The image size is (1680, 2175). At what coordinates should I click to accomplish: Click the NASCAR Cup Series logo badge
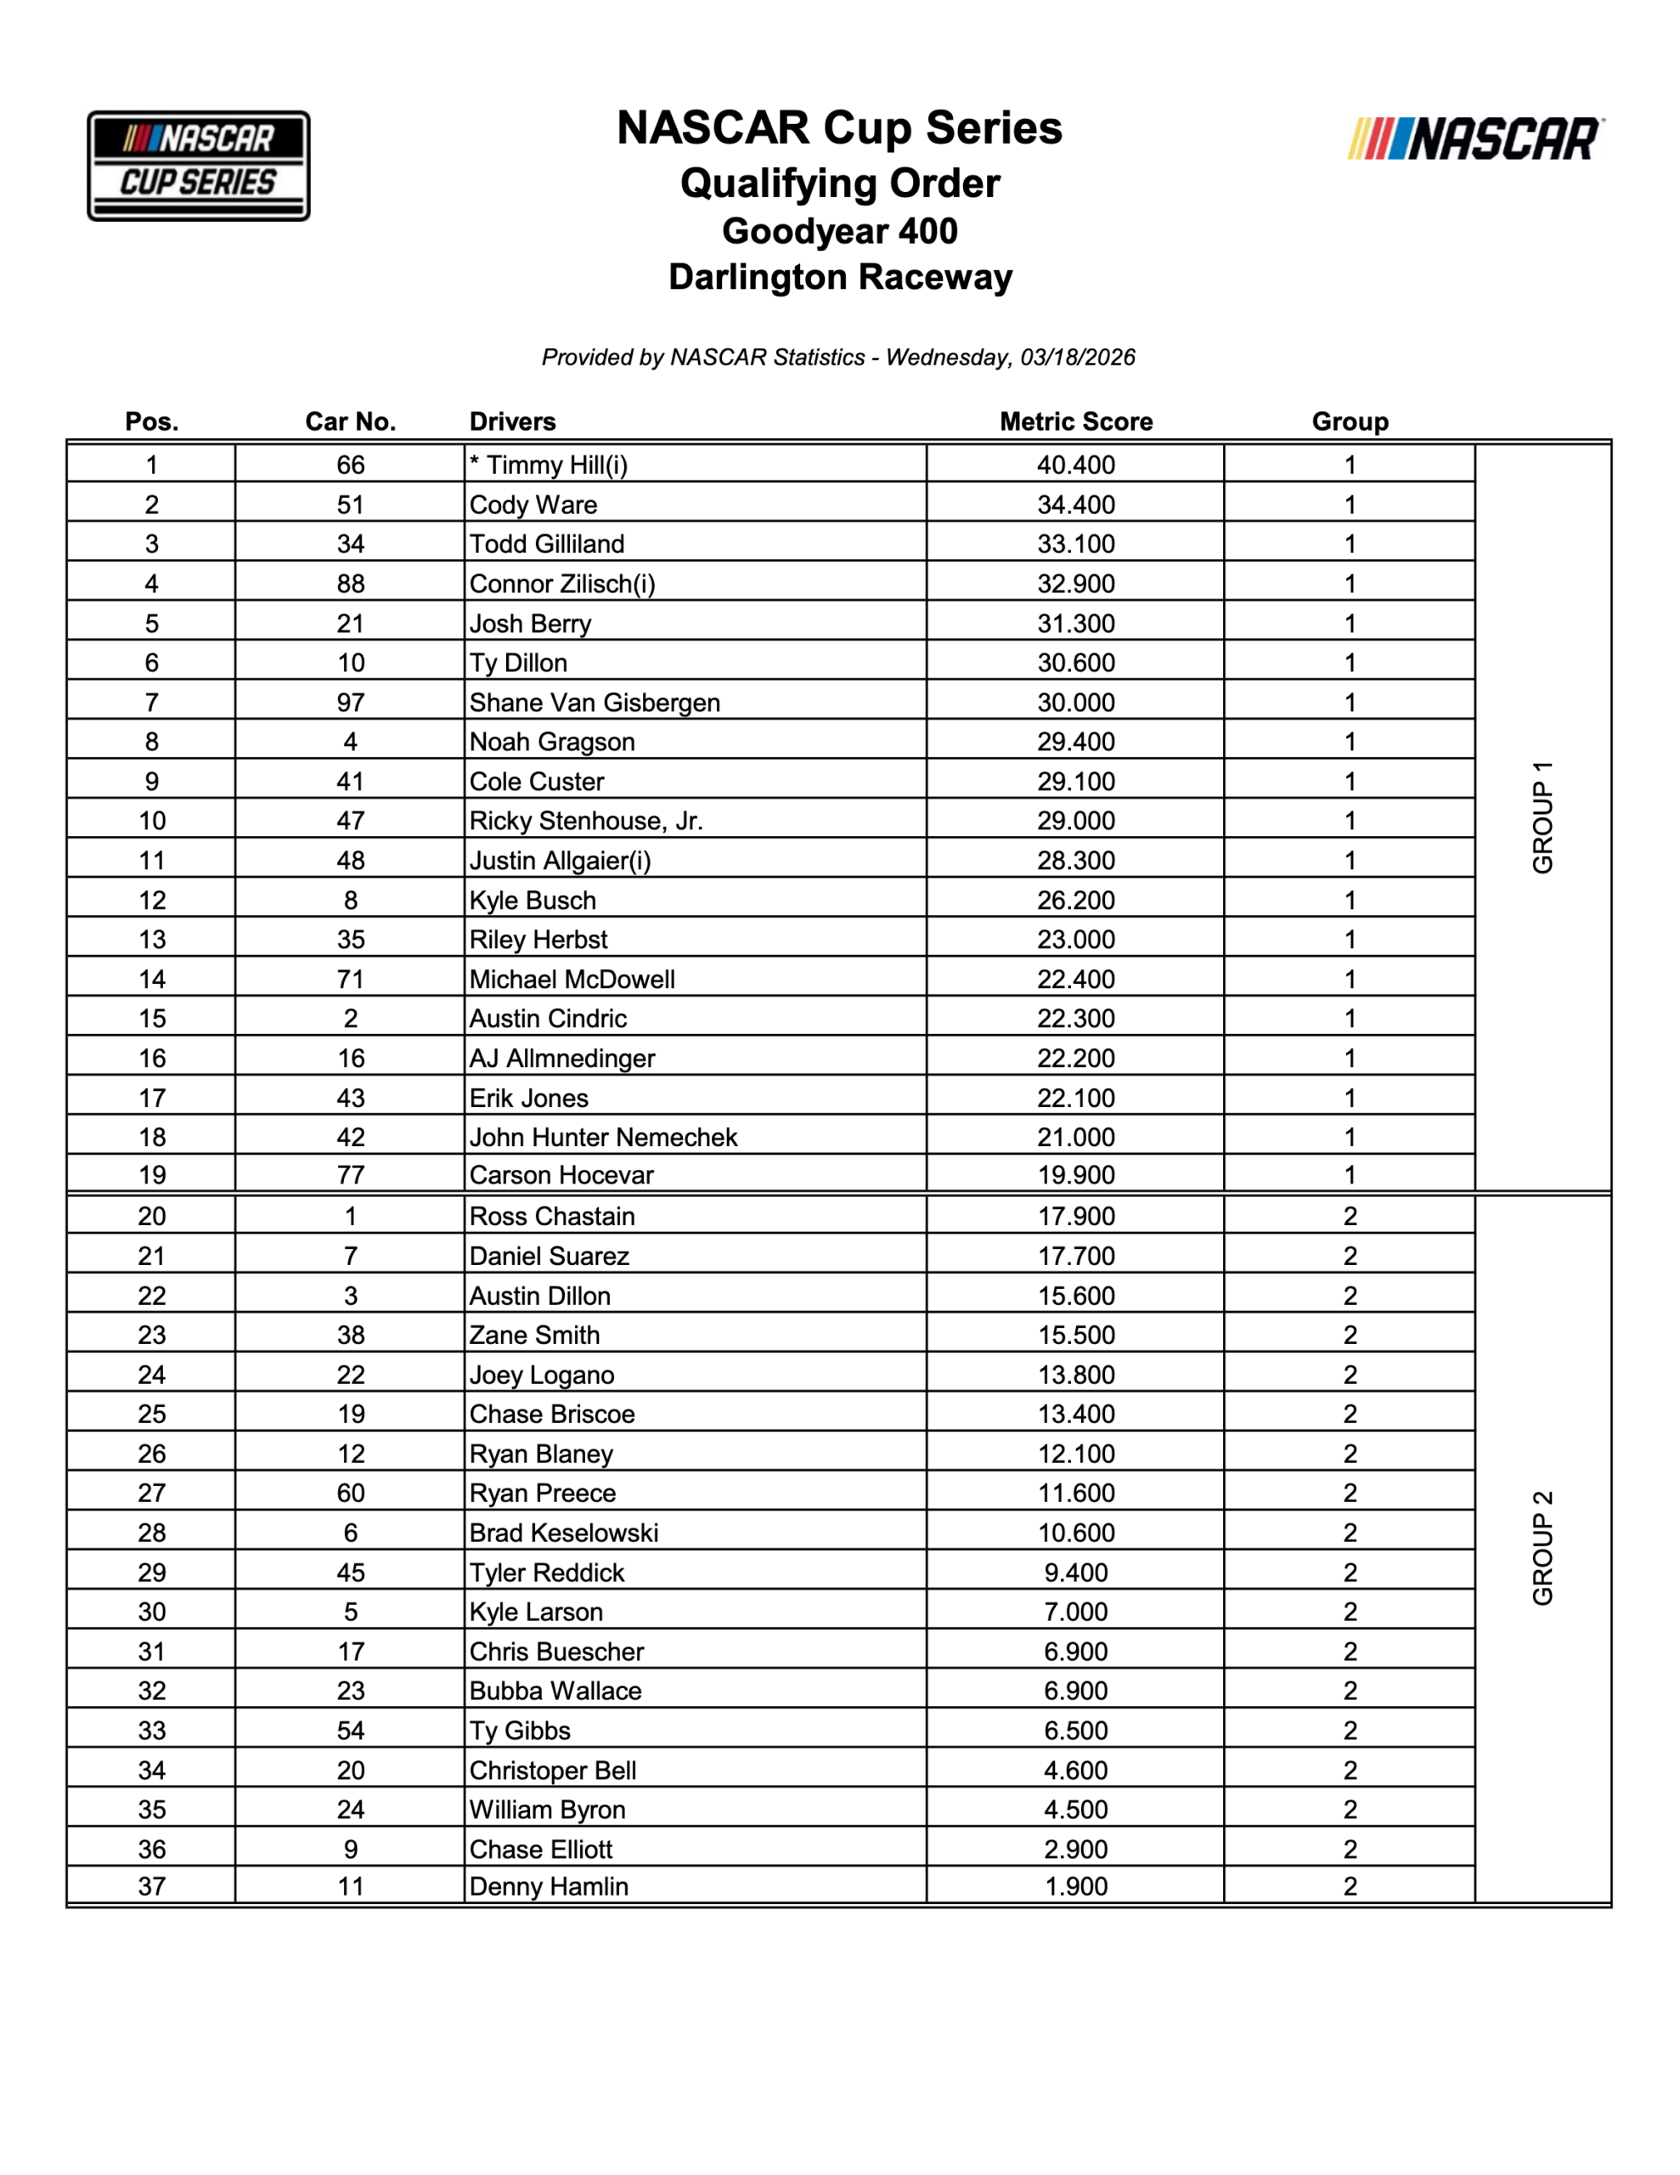[x=198, y=166]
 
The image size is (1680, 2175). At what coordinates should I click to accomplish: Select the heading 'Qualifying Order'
[x=839, y=184]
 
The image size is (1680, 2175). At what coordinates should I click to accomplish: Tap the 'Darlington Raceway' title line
[x=839, y=277]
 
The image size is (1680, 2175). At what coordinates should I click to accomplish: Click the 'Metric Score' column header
[x=1075, y=421]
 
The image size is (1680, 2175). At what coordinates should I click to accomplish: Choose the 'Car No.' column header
[x=350, y=421]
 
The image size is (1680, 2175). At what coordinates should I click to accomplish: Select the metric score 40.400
[x=1075, y=465]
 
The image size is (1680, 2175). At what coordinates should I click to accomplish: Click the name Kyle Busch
[x=533, y=901]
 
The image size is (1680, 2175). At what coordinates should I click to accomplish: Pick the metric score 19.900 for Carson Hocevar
[x=1075, y=1175]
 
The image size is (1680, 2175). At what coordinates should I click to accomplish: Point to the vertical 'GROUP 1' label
[x=1542, y=817]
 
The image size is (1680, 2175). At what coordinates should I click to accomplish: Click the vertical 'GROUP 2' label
[x=1542, y=1548]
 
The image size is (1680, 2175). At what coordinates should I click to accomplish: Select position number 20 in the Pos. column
[x=151, y=1216]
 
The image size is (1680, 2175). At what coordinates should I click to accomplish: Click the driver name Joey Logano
[x=542, y=1376]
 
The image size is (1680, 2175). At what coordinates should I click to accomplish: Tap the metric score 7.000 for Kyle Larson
[x=1075, y=1612]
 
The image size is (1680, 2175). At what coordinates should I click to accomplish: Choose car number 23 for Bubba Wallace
[x=350, y=1691]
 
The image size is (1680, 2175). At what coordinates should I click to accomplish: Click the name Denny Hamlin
[x=549, y=1886]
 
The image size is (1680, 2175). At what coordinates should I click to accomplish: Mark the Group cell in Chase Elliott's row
[x=1350, y=1850]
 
